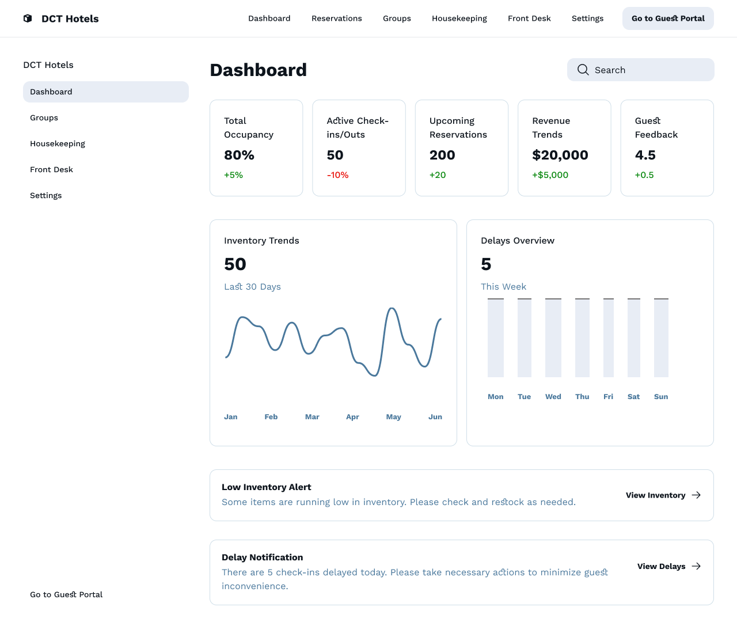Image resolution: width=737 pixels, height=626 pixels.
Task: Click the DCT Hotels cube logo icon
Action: pyautogui.click(x=28, y=18)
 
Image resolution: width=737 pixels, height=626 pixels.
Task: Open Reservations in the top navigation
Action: pyautogui.click(x=336, y=18)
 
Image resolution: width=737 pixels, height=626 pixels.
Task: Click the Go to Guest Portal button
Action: pyautogui.click(x=668, y=18)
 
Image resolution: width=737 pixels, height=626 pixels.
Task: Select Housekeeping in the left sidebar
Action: pyautogui.click(x=58, y=143)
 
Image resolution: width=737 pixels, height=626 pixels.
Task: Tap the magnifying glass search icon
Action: pyautogui.click(x=583, y=70)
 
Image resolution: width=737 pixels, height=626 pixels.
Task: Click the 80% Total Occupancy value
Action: pyautogui.click(x=239, y=155)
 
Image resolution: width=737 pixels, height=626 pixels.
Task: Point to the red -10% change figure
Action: pyautogui.click(x=337, y=175)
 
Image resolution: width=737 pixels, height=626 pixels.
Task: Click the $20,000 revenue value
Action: pyautogui.click(x=560, y=155)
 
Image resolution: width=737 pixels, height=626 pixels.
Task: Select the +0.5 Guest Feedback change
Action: pyautogui.click(x=644, y=175)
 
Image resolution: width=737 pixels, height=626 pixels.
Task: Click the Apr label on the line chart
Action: pyautogui.click(x=352, y=417)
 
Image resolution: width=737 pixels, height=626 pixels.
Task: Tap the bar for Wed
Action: pyautogui.click(x=553, y=337)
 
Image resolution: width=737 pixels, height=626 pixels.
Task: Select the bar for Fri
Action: pyautogui.click(x=608, y=337)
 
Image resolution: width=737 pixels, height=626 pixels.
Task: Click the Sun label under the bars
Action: pyautogui.click(x=661, y=397)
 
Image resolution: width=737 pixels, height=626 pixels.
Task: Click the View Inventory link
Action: pyautogui.click(x=655, y=495)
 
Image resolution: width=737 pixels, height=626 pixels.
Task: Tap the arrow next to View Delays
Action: pyautogui.click(x=696, y=566)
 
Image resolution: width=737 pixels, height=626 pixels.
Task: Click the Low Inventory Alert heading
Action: pyautogui.click(x=266, y=487)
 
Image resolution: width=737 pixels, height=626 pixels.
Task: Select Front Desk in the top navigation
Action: pyautogui.click(x=529, y=18)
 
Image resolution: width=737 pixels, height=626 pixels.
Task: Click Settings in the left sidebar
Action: pyautogui.click(x=46, y=195)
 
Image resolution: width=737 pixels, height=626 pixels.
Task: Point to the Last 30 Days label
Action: pyautogui.click(x=252, y=287)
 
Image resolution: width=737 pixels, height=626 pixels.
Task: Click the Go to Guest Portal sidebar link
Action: pyautogui.click(x=66, y=594)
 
